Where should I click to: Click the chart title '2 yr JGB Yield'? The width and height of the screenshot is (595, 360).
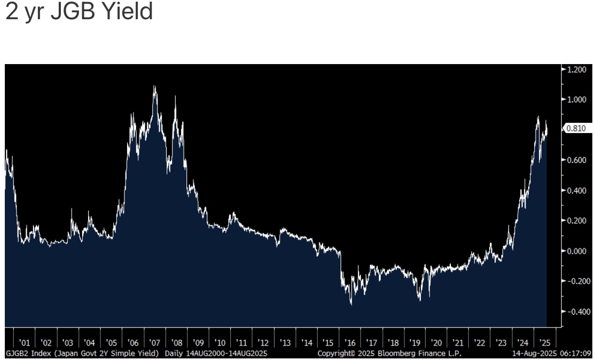pos(79,12)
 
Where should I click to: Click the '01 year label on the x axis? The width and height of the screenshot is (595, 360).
pos(24,342)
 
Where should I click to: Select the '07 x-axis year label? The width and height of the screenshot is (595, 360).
pos(155,342)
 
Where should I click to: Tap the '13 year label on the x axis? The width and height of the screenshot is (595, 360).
pos(285,342)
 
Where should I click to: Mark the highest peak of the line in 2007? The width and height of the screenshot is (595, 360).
pos(155,86)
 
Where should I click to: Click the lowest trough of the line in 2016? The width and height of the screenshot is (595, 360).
pos(351,304)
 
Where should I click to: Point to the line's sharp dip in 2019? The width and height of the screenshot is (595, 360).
pos(420,300)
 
